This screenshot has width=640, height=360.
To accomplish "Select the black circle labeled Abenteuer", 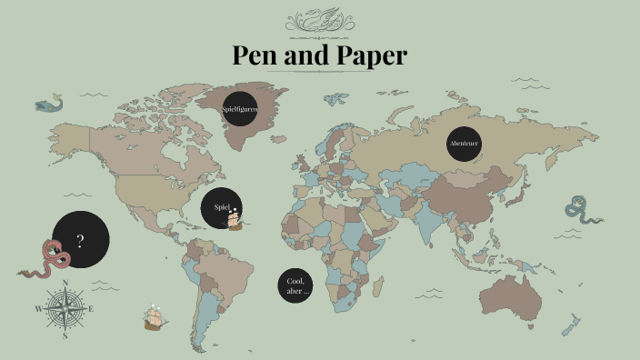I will pyautogui.click(x=464, y=144).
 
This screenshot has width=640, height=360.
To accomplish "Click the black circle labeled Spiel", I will pyautogui.click(x=220, y=208).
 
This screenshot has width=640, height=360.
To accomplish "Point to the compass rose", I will pyautogui.click(x=65, y=308).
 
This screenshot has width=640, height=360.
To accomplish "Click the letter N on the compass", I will pyautogui.click(x=65, y=283).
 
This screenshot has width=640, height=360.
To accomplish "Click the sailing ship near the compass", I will pyautogui.click(x=155, y=316).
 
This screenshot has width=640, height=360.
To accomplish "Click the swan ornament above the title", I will pyautogui.click(x=319, y=20).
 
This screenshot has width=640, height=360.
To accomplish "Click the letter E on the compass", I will pyautogui.click(x=91, y=309).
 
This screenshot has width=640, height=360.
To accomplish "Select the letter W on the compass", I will pyautogui.click(x=38, y=309).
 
